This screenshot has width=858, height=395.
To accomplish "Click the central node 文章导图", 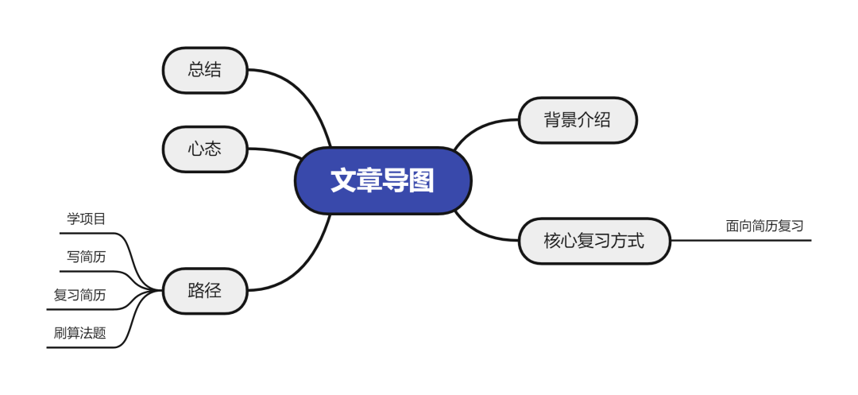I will pyautogui.click(x=383, y=180).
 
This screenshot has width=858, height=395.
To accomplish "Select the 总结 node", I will pyautogui.click(x=205, y=70).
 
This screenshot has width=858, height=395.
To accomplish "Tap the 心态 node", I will pyautogui.click(x=205, y=149).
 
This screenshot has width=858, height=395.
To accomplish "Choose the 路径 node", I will pyautogui.click(x=205, y=290).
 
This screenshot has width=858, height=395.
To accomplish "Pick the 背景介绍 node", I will pyautogui.click(x=578, y=120).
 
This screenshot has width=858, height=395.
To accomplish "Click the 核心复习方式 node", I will pyautogui.click(x=594, y=240).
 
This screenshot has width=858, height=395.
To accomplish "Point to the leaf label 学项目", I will pyautogui.click(x=86, y=219).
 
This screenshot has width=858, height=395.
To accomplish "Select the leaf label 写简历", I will pyautogui.click(x=86, y=257).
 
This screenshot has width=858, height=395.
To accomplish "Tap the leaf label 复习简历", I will pyautogui.click(x=79, y=295).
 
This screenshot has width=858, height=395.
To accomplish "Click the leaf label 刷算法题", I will pyautogui.click(x=79, y=333).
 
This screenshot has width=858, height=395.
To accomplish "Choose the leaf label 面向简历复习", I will pyautogui.click(x=764, y=226).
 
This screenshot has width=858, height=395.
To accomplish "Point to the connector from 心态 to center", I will pyautogui.click(x=274, y=150).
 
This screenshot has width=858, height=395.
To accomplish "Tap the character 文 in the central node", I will pyautogui.click(x=343, y=180).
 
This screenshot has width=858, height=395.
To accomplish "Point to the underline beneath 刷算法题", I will pyautogui.click(x=79, y=347).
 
